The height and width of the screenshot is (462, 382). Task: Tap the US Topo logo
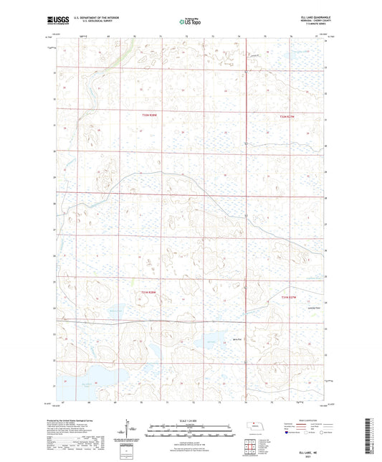pos(191,22)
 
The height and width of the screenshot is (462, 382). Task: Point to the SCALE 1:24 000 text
pos(191,420)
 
